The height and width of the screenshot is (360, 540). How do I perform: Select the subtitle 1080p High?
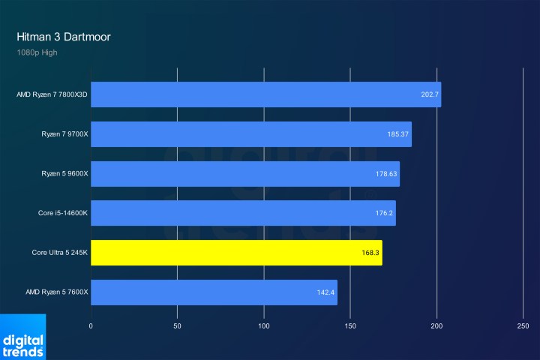click(37, 52)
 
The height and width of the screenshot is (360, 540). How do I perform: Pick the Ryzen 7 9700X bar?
click(250, 134)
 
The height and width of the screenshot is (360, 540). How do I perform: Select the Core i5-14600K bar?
click(243, 213)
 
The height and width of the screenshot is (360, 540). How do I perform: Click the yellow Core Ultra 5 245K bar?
click(236, 253)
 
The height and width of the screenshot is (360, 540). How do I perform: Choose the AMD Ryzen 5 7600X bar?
click(214, 292)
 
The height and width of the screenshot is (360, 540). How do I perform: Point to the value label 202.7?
click(430, 95)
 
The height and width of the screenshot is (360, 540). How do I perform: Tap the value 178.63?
click(386, 174)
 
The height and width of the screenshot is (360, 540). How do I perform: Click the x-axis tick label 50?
click(177, 326)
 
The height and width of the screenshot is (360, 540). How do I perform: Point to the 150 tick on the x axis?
click(350, 326)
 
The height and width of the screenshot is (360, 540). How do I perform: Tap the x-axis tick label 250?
click(523, 326)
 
